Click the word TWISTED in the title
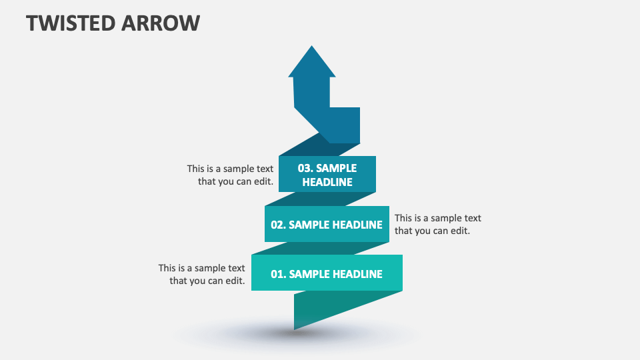[x=69, y=23]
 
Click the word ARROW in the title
[x=160, y=23]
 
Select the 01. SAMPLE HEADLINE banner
[x=327, y=273]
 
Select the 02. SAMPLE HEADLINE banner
[x=327, y=225]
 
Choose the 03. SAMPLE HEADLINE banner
[x=327, y=174]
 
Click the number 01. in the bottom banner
[x=278, y=274]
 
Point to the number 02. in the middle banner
[x=278, y=225]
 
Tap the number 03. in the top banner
[x=305, y=168]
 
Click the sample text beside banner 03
[x=231, y=175]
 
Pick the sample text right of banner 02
[x=437, y=224]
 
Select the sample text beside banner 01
[x=202, y=274]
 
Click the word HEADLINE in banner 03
[x=327, y=181]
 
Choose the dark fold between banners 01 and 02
[x=320, y=248]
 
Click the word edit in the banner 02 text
[x=458, y=231]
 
